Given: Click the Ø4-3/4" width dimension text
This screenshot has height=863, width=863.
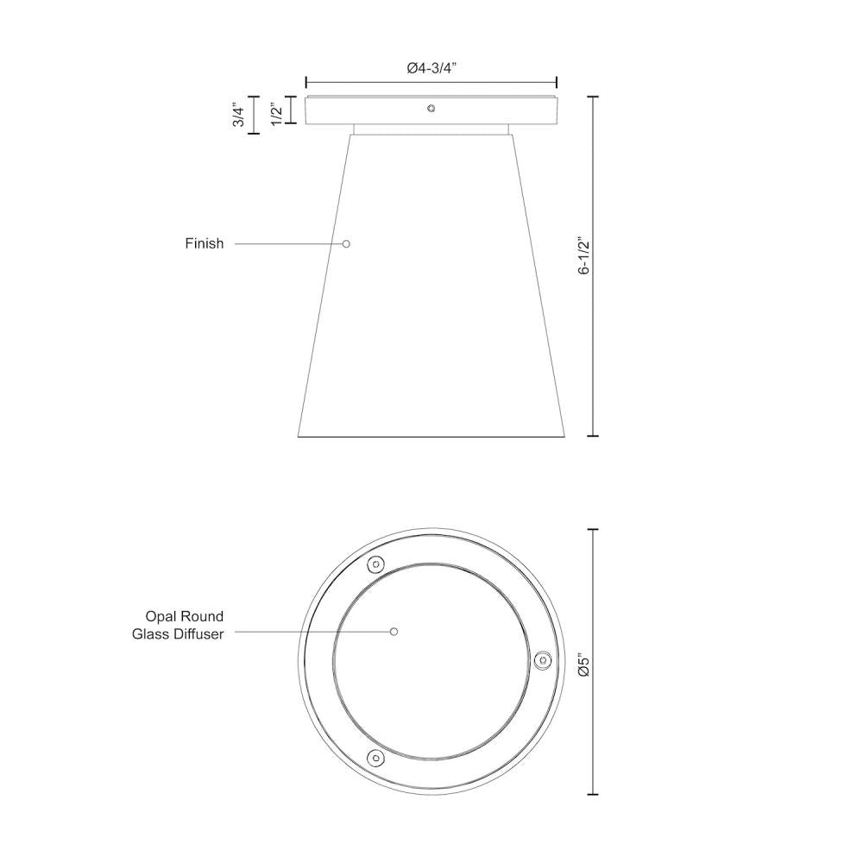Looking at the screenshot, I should [x=431, y=68].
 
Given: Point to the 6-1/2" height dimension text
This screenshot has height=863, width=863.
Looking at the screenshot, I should [x=584, y=256].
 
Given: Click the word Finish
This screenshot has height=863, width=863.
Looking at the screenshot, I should [x=204, y=243].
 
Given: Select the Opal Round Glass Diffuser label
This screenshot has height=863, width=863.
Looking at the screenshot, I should [x=178, y=625].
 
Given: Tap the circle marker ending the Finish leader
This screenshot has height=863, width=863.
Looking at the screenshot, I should [x=346, y=243].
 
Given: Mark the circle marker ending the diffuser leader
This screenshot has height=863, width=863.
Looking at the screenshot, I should [x=394, y=632].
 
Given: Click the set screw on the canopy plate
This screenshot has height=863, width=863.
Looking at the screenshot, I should [x=431, y=109].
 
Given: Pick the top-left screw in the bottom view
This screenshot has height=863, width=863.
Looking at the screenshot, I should [x=375, y=565].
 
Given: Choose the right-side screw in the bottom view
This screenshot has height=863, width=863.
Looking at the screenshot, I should [x=542, y=660].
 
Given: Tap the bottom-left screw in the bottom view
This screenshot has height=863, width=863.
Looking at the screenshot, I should [x=375, y=757].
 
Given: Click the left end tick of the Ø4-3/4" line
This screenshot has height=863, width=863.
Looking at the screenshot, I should [x=306, y=82].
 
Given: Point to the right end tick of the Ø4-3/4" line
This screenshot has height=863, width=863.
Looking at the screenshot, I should [x=557, y=82].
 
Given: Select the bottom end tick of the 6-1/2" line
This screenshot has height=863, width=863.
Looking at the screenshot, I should [x=593, y=437].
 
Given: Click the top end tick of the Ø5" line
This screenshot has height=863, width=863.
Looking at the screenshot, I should [x=593, y=530].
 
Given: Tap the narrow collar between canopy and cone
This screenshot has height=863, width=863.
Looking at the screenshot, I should [x=431, y=129].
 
